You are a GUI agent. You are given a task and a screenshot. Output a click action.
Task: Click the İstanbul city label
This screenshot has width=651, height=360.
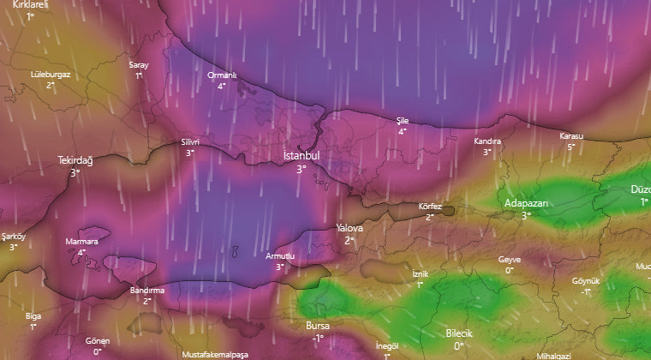(x=301, y=156)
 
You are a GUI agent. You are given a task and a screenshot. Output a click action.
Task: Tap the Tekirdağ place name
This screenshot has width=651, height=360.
(x=75, y=160)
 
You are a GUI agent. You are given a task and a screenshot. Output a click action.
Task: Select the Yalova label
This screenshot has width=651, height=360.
(x=349, y=228)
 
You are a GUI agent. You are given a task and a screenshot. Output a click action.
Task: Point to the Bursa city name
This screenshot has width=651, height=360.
(x=317, y=326)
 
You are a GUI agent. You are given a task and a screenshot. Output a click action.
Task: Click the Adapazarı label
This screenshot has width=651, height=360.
(x=526, y=203)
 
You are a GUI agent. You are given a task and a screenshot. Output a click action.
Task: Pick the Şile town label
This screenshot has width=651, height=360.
(x=403, y=120)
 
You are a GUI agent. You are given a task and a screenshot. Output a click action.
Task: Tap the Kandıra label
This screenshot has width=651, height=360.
(x=487, y=141)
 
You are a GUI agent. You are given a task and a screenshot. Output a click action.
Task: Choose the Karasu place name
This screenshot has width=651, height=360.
(x=570, y=136)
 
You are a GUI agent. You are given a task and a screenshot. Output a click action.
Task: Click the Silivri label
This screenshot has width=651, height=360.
(x=190, y=141)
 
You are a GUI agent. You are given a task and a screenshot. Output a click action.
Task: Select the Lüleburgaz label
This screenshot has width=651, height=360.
(x=51, y=74)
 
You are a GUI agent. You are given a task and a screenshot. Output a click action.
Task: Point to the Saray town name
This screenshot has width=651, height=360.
(x=139, y=65)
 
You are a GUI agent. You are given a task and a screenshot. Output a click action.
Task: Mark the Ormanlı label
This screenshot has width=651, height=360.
(x=221, y=75)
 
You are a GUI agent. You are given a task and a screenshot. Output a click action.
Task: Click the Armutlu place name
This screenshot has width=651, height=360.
(x=280, y=256)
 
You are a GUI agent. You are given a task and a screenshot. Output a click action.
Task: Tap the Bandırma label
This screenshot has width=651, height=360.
(x=146, y=291)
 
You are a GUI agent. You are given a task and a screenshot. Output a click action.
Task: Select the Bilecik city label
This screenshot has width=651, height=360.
(x=459, y=333)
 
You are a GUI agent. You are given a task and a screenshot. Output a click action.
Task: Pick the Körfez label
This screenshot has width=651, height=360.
(x=430, y=207)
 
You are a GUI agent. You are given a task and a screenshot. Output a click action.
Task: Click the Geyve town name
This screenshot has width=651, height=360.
(x=509, y=259)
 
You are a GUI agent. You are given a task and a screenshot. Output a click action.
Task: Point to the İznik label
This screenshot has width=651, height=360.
(x=420, y=273)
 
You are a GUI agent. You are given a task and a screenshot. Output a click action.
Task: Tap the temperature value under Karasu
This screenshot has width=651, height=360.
(x=571, y=147)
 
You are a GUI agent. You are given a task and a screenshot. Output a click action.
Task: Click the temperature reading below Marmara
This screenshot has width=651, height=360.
(x=81, y=252)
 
